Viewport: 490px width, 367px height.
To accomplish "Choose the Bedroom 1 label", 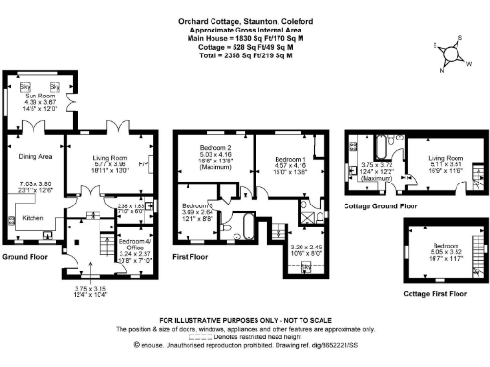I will click(x=289, y=159).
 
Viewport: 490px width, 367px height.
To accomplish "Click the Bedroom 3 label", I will click(x=197, y=206).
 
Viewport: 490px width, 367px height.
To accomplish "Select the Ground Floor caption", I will click(x=24, y=257).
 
